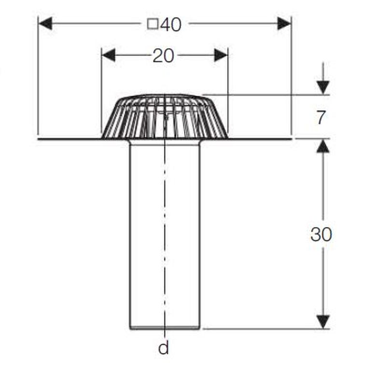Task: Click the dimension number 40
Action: pyautogui.click(x=171, y=25)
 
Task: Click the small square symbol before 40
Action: pyautogui.click(x=153, y=24)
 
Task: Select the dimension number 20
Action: pyautogui.click(x=163, y=56)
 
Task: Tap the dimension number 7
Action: pyautogui.click(x=321, y=117)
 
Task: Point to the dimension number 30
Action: pyautogui.click(x=321, y=234)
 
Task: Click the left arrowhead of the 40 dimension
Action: pyautogui.click(x=45, y=23)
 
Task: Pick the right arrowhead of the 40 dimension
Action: pyautogui.click(x=284, y=23)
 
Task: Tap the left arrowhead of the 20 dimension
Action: pyautogui.click(x=108, y=56)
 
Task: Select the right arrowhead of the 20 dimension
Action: pyautogui.click(x=221, y=56)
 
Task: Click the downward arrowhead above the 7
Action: pyautogui.click(x=323, y=87)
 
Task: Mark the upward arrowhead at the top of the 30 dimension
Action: pyautogui.click(x=323, y=146)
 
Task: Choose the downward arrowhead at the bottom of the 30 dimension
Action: pyautogui.click(x=323, y=322)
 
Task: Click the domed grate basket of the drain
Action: pyautogui.click(x=165, y=116)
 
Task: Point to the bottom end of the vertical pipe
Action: pyautogui.click(x=165, y=328)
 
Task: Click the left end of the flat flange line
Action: pyautogui.click(x=38, y=139)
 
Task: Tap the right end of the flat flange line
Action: pyautogui.click(x=292, y=139)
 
